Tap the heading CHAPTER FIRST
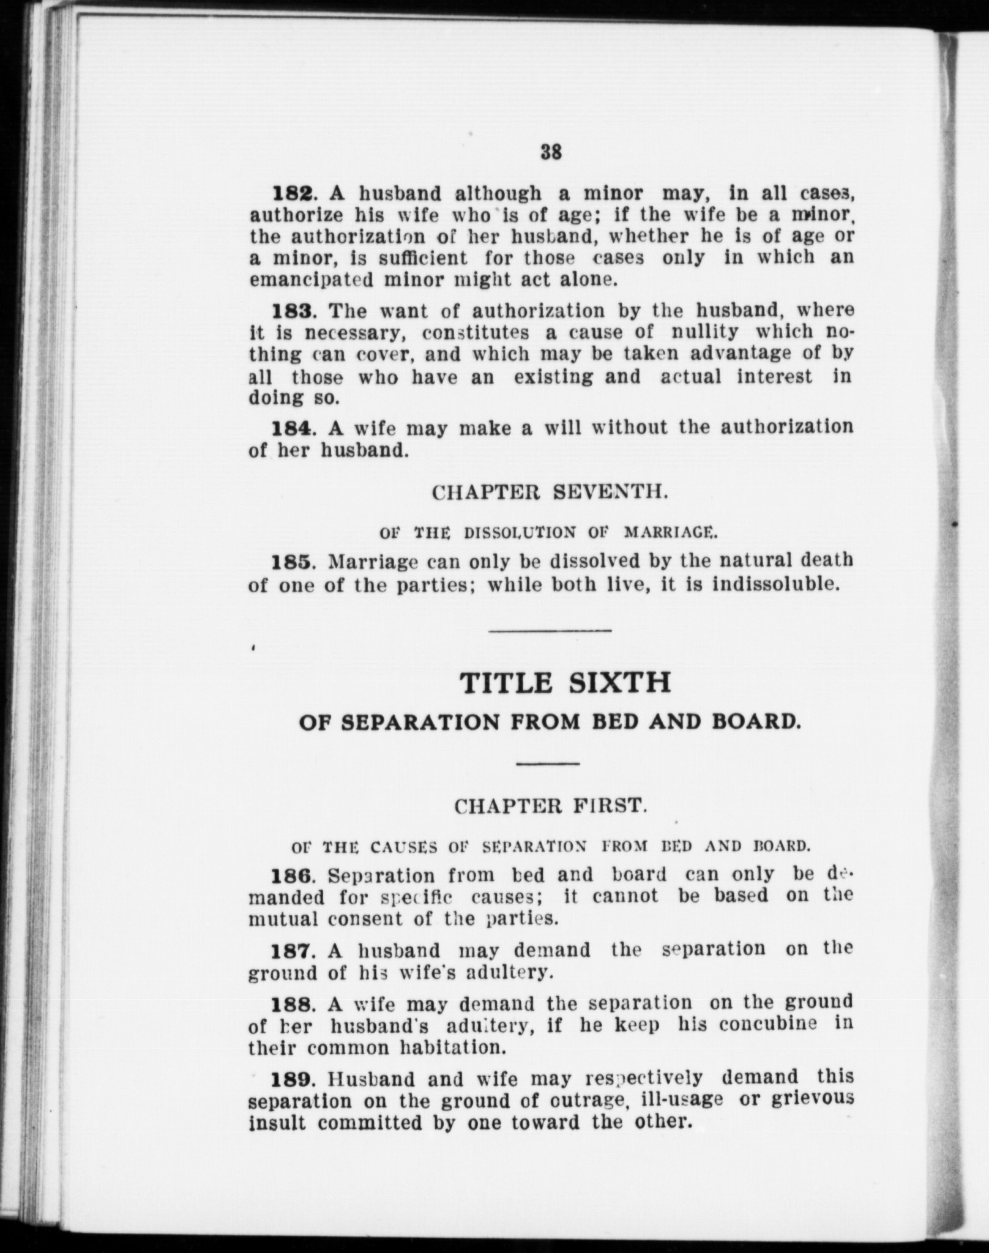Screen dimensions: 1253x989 550,806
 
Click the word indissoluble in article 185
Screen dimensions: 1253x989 774,584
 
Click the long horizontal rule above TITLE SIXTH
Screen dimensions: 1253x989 550,631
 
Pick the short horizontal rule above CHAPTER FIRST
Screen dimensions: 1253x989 548,764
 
